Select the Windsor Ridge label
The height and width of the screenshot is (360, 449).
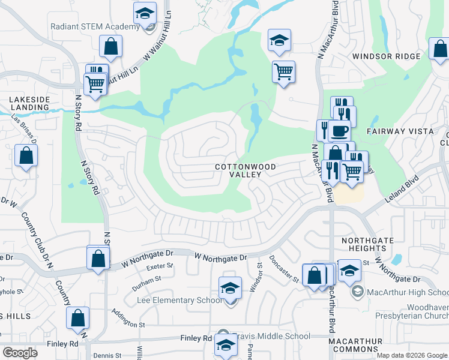(x=386, y=56)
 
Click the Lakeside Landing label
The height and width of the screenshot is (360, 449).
(x=28, y=103)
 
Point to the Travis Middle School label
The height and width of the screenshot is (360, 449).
(x=264, y=338)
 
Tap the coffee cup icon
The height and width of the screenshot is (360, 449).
(x=340, y=130)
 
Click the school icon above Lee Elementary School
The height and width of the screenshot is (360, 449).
(x=230, y=289)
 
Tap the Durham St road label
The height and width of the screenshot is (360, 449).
(x=146, y=279)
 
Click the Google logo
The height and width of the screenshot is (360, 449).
(x=20, y=353)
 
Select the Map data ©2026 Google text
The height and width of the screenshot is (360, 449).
(x=411, y=355)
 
